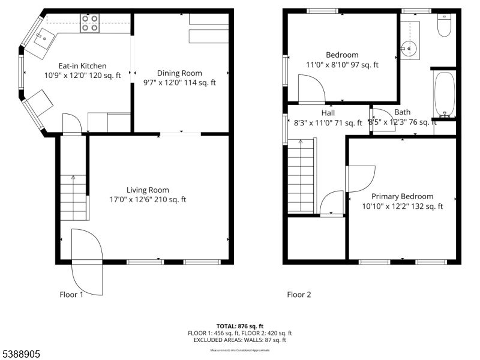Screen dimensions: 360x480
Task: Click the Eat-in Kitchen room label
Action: pyautogui.click(x=82, y=66)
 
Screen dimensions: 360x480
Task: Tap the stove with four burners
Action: pyautogui.click(x=90, y=23)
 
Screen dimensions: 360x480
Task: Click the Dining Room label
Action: pyautogui.click(x=179, y=73)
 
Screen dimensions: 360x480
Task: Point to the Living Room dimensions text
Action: pyautogui.click(x=148, y=200)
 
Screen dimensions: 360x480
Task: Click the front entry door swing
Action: pyautogui.click(x=88, y=265)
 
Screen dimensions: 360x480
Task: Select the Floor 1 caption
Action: pyautogui.click(x=71, y=295)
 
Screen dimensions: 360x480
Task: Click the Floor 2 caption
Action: pyautogui.click(x=299, y=295)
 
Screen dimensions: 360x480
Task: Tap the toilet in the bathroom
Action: pyautogui.click(x=444, y=25)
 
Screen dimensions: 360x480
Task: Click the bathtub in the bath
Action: pyautogui.click(x=443, y=95)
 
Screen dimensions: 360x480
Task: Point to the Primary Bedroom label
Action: pyautogui.click(x=402, y=196)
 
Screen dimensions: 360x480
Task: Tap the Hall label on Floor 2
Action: pyautogui.click(x=328, y=113)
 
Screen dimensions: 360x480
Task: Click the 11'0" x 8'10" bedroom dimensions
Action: pyautogui.click(x=342, y=65)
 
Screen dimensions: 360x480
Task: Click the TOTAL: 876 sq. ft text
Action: pyautogui.click(x=240, y=326)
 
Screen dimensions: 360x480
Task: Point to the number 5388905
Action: pyautogui.click(x=20, y=355)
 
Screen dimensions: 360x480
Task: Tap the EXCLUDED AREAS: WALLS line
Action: pyautogui.click(x=240, y=340)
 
